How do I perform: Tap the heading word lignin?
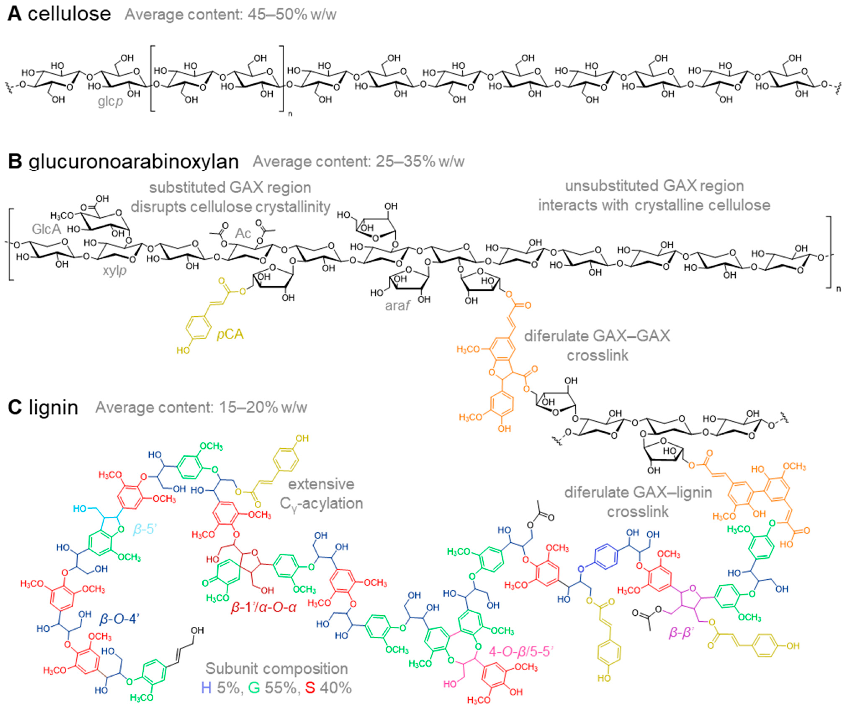click(x=53, y=407)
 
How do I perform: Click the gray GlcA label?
click(x=46, y=229)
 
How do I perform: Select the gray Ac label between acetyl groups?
click(x=243, y=233)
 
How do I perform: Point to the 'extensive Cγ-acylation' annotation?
click(x=321, y=493)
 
